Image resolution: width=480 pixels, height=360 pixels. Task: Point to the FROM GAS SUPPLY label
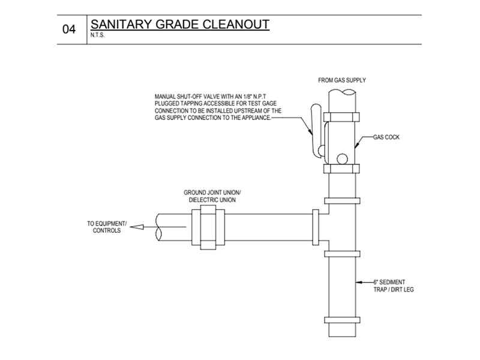point(341,80)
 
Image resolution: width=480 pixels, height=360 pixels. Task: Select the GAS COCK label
point(386,137)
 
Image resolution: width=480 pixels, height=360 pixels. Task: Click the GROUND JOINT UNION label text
point(212,193)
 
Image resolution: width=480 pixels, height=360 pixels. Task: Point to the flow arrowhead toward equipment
point(136,227)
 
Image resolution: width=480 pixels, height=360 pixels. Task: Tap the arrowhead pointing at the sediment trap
point(359,281)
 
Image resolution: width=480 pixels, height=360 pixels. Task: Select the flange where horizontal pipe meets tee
point(316,227)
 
